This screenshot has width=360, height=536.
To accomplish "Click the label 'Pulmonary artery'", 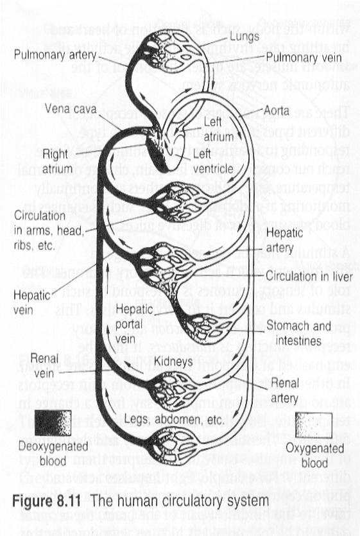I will pyautogui.click(x=55, y=55).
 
